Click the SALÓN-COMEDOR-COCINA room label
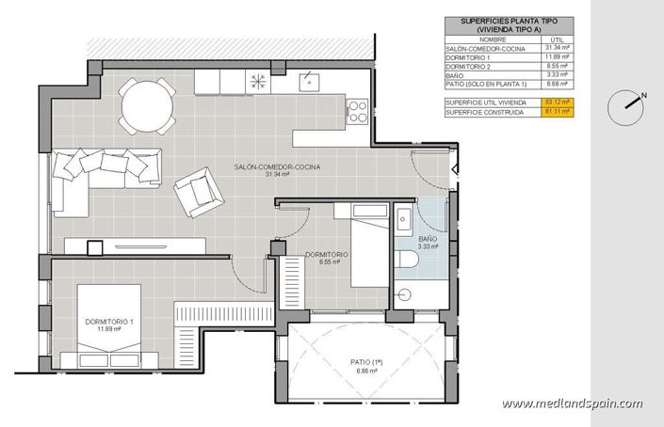pos(277,166)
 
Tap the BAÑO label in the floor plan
pos(427,240)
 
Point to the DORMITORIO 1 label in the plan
pos(110,322)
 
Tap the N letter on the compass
pos(643,95)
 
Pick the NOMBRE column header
pos(478,39)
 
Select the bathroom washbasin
pos(402,222)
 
